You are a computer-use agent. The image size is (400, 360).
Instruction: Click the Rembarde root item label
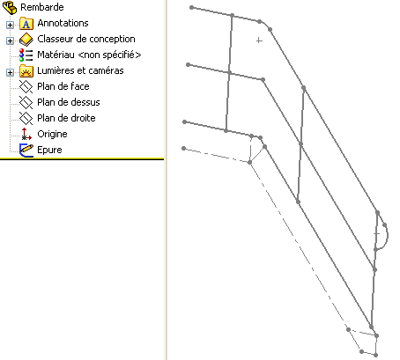point(42,7)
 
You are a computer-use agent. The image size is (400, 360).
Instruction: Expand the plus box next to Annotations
point(10,25)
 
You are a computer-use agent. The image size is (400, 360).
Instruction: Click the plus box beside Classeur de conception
point(10,40)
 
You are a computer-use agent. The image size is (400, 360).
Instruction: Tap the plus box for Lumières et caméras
point(10,72)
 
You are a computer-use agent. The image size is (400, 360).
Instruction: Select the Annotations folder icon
point(26,24)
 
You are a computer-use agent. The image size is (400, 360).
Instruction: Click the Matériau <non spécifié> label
point(89,55)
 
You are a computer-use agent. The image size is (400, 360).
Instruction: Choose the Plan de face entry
point(63,86)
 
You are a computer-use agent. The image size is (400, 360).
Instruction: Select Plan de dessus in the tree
point(69,102)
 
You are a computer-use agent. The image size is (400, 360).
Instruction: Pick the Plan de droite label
point(66,118)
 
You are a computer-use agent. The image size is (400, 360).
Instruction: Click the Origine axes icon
point(26,134)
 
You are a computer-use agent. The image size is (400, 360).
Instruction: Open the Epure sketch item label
point(49,150)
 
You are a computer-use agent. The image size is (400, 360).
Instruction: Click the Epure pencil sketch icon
point(26,150)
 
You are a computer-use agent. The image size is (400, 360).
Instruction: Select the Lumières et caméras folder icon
point(26,71)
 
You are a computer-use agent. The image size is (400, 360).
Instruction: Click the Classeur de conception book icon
point(26,40)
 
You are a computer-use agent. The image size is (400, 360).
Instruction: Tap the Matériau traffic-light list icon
point(26,55)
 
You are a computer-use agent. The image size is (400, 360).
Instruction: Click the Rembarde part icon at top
point(10,8)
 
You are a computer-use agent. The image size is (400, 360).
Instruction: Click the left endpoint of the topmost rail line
point(191,7)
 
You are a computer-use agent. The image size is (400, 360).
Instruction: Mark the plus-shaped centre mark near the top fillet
point(259,40)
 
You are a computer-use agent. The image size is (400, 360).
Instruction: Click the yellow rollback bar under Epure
point(82,158)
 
